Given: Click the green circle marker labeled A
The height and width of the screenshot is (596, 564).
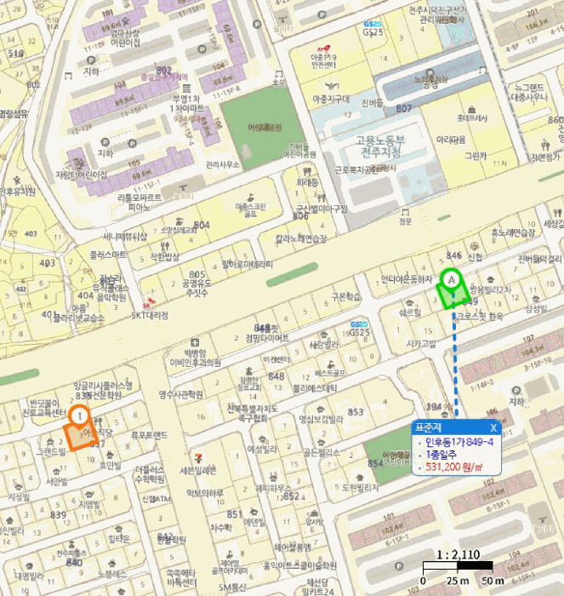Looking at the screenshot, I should pos(451,278).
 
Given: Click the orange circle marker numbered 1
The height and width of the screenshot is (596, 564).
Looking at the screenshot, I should pos(79,416).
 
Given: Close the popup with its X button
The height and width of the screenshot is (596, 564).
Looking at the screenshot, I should pos(493,427).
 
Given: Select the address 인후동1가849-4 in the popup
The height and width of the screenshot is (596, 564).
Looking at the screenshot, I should pos(459,442).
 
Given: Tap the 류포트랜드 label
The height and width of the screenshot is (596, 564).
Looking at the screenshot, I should pos(149,434).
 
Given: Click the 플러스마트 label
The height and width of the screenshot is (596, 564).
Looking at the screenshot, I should pos(108,254).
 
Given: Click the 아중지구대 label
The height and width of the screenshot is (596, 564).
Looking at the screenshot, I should pos(333,100).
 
